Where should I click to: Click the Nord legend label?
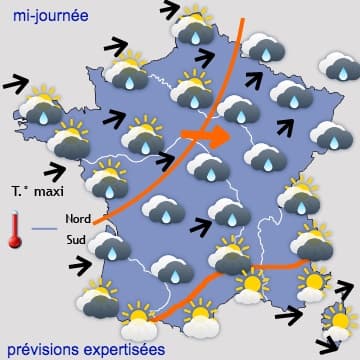click(x=78, y=217)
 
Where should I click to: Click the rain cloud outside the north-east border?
click(x=338, y=66)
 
